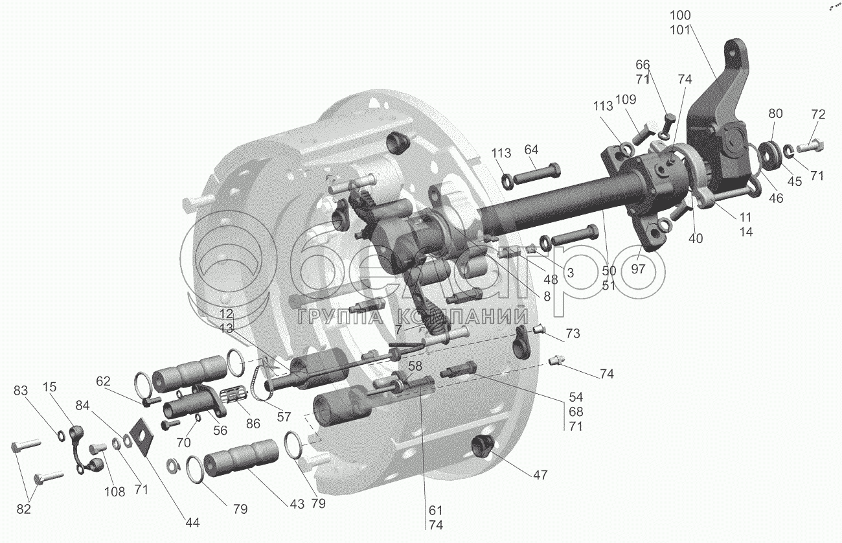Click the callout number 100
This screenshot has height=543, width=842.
[681, 15]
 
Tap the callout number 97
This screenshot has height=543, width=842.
[639, 270]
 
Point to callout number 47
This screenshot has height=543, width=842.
[540, 475]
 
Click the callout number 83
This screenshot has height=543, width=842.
[21, 391]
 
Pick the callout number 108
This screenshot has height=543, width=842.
[115, 491]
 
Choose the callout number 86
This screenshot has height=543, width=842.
[253, 424]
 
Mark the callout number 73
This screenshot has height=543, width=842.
[572, 334]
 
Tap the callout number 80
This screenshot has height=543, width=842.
[776, 113]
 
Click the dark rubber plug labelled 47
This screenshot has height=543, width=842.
[483, 446]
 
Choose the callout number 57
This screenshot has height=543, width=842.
[284, 417]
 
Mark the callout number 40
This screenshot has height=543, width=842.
[695, 238]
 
